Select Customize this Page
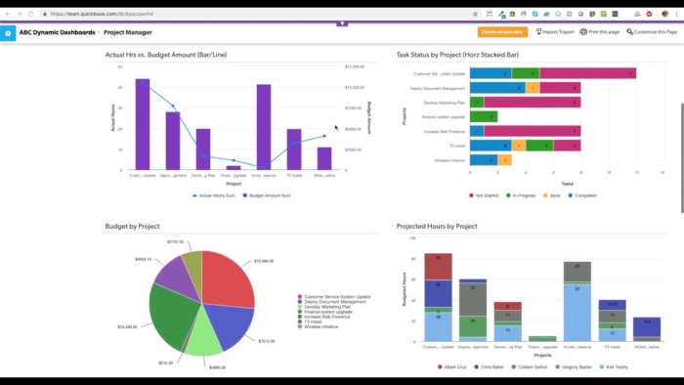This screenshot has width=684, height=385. (x=651, y=32)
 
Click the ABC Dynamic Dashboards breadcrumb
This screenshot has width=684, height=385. (x=57, y=32)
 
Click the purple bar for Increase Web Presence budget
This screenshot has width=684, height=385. (x=263, y=126)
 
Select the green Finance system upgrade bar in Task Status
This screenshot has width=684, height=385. (x=484, y=116)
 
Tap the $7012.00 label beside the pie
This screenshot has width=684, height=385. (x=265, y=315)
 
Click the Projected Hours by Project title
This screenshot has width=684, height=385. (x=437, y=226)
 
